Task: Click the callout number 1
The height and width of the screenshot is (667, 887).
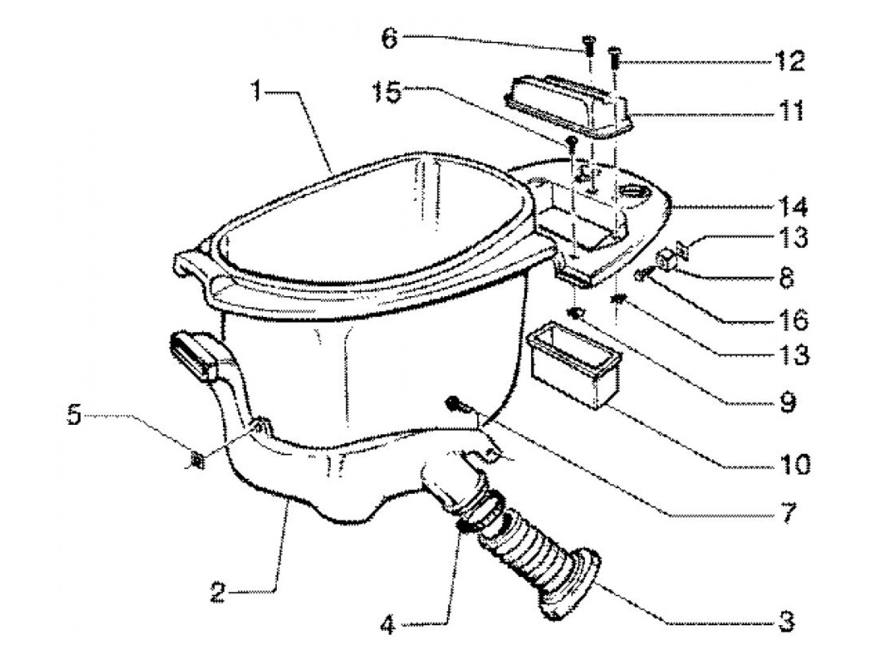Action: coord(256,93)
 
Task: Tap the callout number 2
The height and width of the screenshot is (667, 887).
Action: coord(218,593)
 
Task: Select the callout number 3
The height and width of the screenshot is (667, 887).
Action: coord(786,623)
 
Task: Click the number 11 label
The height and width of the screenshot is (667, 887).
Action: coord(791,110)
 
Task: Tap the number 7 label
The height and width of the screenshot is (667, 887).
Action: coord(788,512)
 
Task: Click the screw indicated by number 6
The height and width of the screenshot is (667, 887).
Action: coord(589,44)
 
